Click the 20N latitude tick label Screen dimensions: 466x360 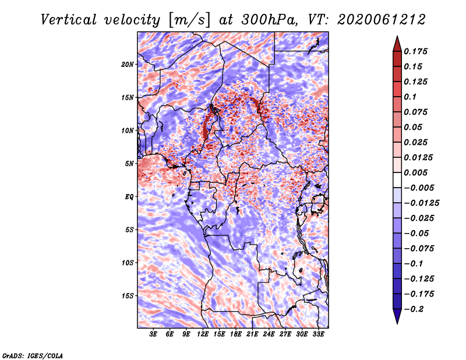tap(127, 65)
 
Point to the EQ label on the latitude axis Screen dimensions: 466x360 tap(129, 197)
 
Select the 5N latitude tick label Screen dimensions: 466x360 tap(129, 164)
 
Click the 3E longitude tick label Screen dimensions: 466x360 tap(153, 334)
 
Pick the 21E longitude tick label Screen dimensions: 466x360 tap(252, 334)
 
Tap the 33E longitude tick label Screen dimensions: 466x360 tap(318, 334)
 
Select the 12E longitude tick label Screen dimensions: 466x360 tap(202, 334)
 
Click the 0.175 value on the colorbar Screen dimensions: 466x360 tap(415, 51)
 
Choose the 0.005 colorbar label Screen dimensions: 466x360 tap(415, 172)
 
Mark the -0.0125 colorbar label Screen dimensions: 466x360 tap(421, 203)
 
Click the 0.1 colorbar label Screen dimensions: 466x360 tap(410, 97)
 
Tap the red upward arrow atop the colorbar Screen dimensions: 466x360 tap(397, 44)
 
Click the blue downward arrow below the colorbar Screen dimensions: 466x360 tap(397, 316)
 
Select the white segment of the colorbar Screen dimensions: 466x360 tap(397, 180)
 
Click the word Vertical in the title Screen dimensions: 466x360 tap(69, 20)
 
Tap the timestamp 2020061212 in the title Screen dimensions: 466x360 tap(382, 20)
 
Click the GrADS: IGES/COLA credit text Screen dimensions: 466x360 tap(33, 356)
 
